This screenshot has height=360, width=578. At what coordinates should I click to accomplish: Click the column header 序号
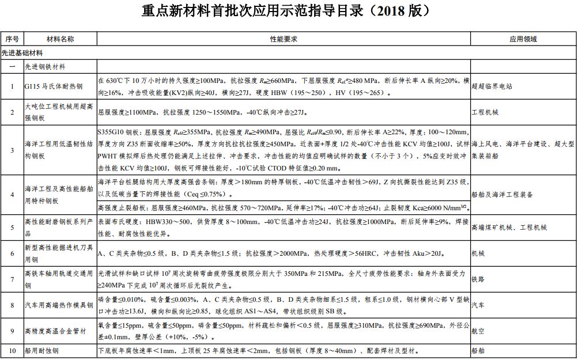pos(12,39)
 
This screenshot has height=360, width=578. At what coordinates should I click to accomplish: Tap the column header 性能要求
pos(283,39)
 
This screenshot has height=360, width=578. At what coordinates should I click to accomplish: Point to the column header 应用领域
pos(523,39)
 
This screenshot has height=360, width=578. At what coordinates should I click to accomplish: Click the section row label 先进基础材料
pos(22,52)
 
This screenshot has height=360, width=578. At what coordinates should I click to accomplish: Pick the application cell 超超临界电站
pos(492,86)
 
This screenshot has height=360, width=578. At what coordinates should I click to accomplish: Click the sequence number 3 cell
pos(12,150)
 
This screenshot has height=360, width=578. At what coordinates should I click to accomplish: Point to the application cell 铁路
pos(478,278)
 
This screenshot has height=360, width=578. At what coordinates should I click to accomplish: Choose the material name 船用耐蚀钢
pos(45,350)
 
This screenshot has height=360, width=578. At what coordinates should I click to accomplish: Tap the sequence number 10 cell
pos(12,350)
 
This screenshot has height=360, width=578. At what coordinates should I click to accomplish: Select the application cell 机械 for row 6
pos(478,253)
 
